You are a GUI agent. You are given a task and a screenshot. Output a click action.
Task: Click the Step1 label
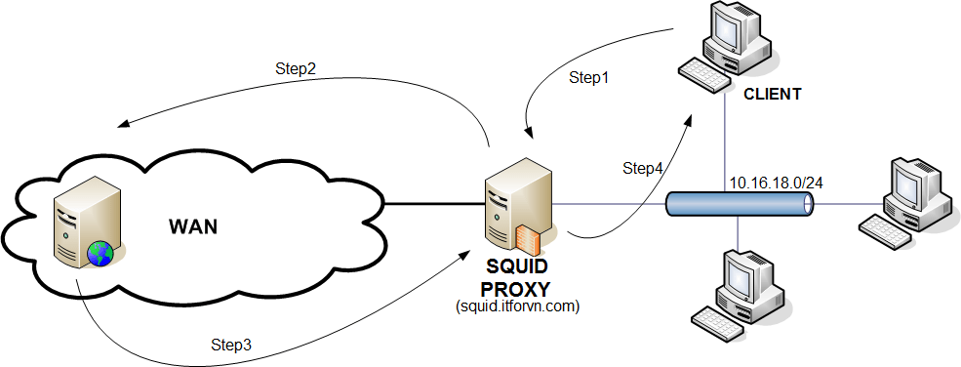tap(588, 78)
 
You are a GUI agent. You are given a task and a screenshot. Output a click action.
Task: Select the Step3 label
tap(231, 345)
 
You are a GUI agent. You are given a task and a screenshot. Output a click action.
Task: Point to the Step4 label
tap(643, 168)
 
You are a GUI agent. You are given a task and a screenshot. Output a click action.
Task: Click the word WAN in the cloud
tap(193, 227)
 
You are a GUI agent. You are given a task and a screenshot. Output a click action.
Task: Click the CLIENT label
tap(772, 95)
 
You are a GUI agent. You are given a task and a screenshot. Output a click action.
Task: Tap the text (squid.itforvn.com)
tap(518, 306)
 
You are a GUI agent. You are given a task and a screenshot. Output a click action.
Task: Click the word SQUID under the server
tap(517, 268)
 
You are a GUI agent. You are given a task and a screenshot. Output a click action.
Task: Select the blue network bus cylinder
tap(739, 204)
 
